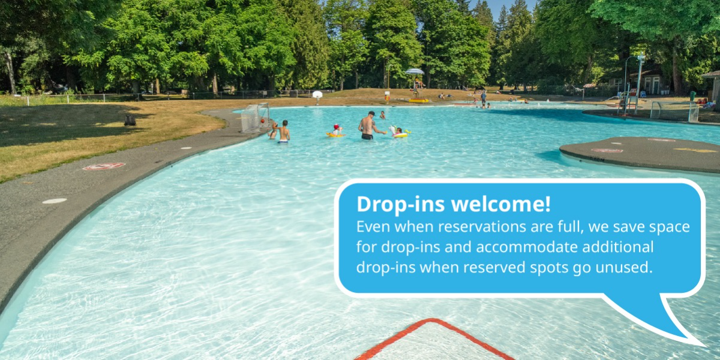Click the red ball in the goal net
263,121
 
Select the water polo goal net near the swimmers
255,118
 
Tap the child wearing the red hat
336,130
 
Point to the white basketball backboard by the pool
317,95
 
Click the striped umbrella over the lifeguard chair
415,71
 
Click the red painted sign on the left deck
104,166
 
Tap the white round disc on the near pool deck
55,201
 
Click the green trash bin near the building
692,96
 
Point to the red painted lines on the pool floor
433,339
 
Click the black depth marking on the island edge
597,159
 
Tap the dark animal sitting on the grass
130,120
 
